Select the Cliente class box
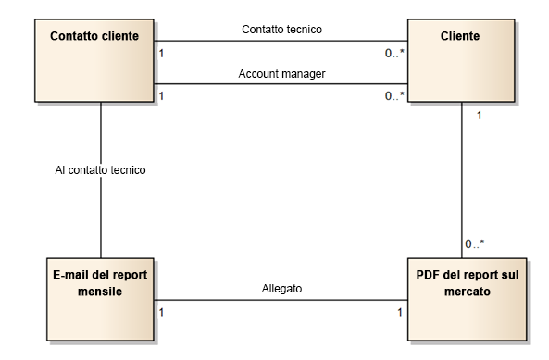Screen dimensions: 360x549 click(x=461, y=61)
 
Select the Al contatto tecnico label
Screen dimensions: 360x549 click(x=99, y=170)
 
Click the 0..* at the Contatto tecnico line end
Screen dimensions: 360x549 click(x=394, y=53)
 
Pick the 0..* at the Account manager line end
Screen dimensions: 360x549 click(x=394, y=96)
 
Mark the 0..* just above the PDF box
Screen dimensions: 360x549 click(x=474, y=243)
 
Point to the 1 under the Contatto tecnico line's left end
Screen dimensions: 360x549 click(x=163, y=53)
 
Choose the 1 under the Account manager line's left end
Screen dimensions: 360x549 click(x=163, y=96)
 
